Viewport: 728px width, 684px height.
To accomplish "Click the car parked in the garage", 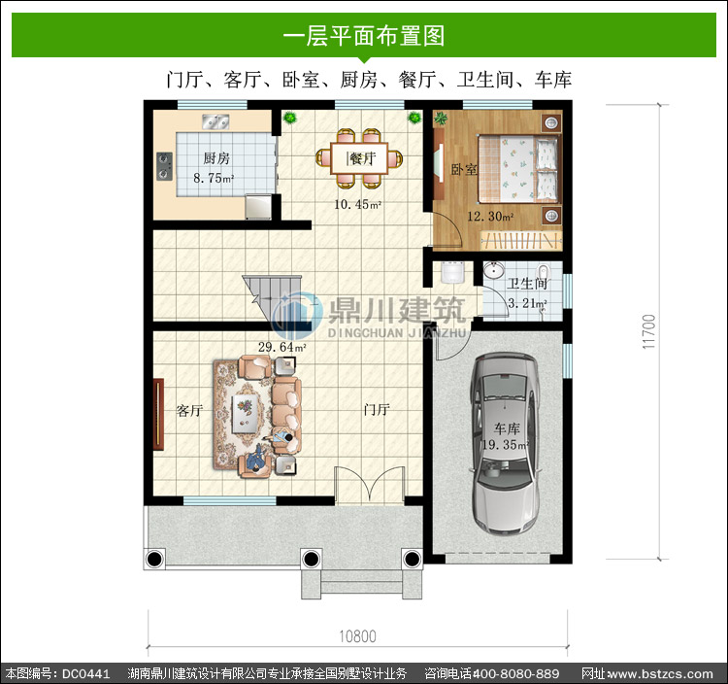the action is click(x=504, y=444).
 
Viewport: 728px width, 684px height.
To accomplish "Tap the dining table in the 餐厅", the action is click(x=359, y=158).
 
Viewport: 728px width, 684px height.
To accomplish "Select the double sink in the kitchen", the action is click(x=215, y=121).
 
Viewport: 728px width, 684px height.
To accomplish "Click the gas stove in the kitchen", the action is click(x=164, y=166).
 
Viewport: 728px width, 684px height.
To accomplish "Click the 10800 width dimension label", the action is click(x=357, y=636).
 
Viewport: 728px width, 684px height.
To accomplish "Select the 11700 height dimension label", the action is click(x=649, y=331).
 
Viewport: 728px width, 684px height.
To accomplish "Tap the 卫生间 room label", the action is click(x=527, y=284).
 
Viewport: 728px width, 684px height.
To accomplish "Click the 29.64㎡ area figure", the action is click(x=281, y=347).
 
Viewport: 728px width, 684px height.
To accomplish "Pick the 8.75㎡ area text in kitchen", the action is click(x=214, y=178).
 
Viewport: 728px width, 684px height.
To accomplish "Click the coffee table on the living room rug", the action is click(x=246, y=413).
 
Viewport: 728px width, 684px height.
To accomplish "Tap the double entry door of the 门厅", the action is click(x=370, y=485).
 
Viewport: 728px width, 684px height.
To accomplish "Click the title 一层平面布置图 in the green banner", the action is click(x=364, y=36).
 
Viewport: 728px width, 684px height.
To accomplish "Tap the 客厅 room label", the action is click(x=189, y=410).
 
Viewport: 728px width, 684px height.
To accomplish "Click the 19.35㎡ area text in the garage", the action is click(x=505, y=445).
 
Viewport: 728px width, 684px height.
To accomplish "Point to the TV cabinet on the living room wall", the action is click(x=158, y=415).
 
